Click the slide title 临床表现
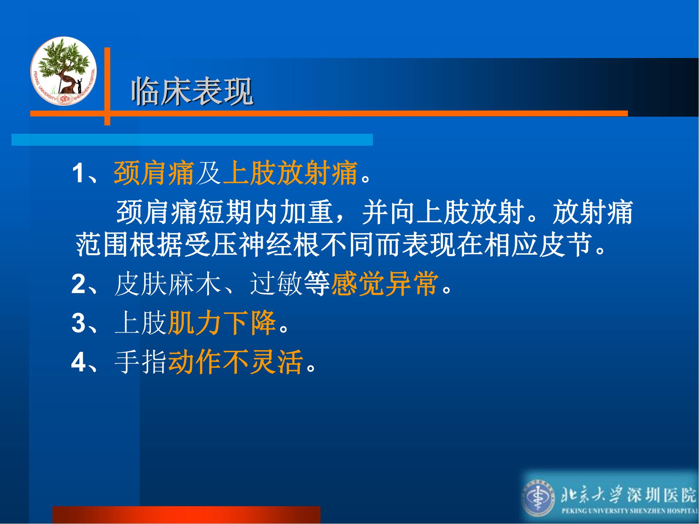point(192,92)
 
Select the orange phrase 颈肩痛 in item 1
point(154,173)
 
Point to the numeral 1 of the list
point(78,173)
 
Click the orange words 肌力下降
point(222,323)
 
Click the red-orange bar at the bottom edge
point(186,515)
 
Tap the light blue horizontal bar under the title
point(192,139)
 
